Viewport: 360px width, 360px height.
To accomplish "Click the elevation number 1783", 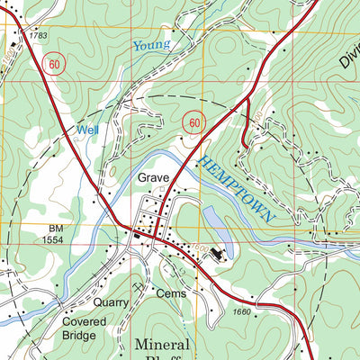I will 37,35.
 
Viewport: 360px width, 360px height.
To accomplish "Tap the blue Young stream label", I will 150,45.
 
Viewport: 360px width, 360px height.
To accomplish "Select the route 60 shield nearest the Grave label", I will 191,121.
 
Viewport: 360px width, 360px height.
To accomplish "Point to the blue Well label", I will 87,130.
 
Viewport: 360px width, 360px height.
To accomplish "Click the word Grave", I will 153,178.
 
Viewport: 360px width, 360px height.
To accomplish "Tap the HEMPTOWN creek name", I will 237,188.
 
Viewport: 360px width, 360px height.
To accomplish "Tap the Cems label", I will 169,294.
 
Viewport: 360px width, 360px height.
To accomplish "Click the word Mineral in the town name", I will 163,345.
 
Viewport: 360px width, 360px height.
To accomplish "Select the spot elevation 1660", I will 242,312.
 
